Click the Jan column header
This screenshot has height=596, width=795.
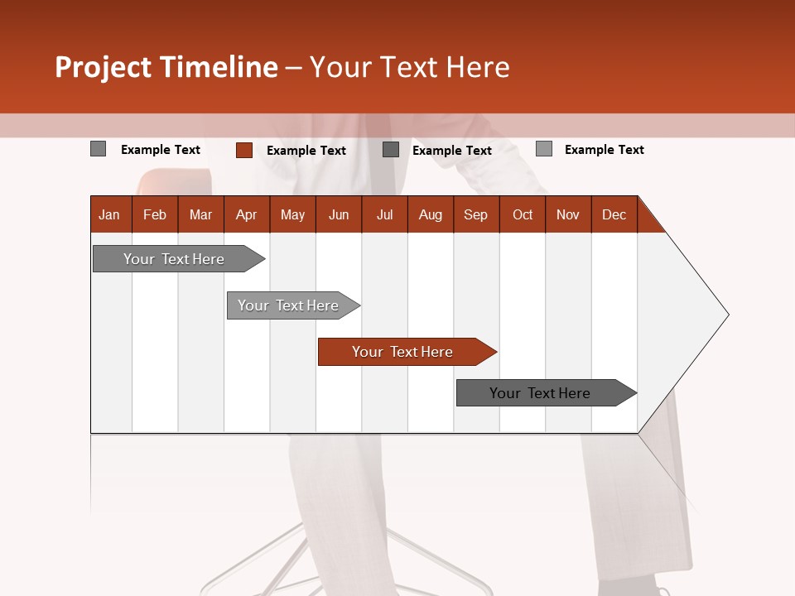110,214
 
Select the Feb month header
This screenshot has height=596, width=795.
155,214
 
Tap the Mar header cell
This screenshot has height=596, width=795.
200,214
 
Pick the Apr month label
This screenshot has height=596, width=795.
246,214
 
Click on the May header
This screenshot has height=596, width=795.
292,214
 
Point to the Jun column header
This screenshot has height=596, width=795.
339,214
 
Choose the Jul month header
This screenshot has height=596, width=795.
384,214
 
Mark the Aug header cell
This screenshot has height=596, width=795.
430,214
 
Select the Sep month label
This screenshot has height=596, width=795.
475,214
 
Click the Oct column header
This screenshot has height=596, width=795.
523,214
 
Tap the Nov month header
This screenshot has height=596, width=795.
567,214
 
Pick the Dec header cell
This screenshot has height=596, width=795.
614,214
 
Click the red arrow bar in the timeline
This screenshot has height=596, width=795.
402,352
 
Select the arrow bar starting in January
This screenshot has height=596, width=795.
174,259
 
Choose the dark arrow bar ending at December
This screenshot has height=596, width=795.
540,393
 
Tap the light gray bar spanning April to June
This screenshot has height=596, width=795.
288,305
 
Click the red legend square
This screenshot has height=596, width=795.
243,150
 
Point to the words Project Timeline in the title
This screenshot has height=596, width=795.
166,67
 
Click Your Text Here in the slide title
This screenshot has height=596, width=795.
409,67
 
